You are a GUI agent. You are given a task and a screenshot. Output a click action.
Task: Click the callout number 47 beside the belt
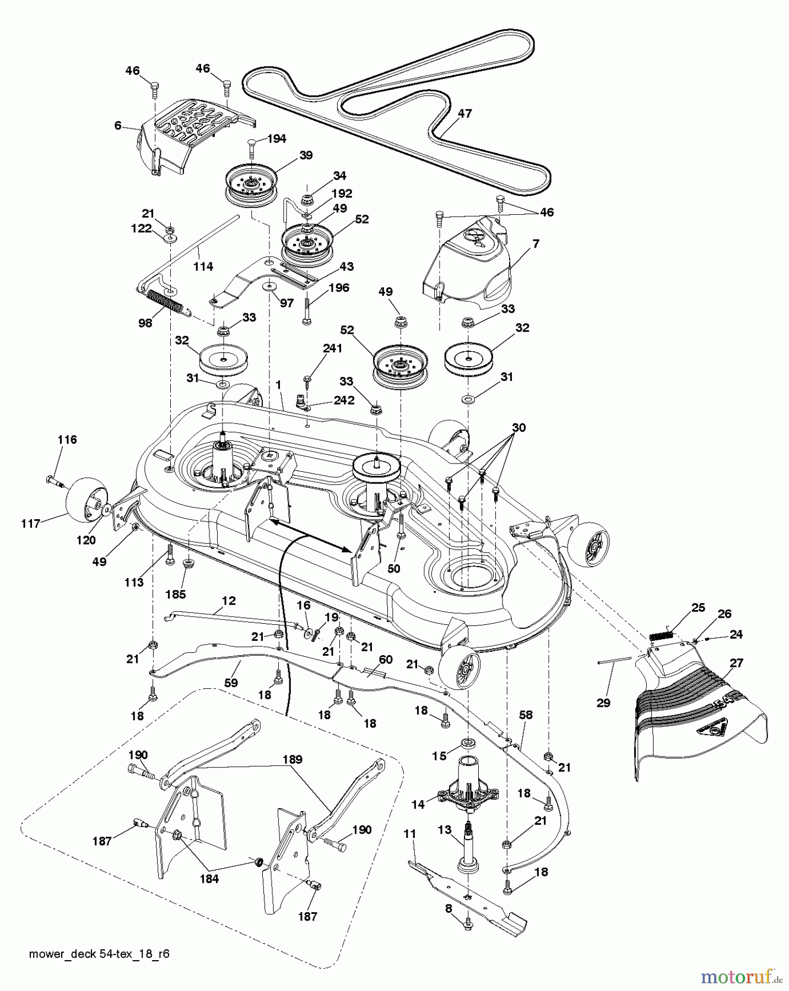click(465, 113)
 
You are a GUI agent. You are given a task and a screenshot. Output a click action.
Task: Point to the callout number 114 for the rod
click(203, 266)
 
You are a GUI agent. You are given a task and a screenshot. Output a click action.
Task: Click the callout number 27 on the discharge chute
click(736, 663)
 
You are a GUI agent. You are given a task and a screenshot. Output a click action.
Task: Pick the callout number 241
click(332, 349)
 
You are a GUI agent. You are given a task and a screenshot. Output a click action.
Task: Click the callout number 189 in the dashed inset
click(292, 759)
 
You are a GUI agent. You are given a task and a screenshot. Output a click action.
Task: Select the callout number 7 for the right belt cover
click(536, 243)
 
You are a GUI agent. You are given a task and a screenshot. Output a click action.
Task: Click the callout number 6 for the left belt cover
click(118, 126)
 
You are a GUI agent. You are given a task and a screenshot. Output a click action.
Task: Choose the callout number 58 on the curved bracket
click(526, 715)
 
